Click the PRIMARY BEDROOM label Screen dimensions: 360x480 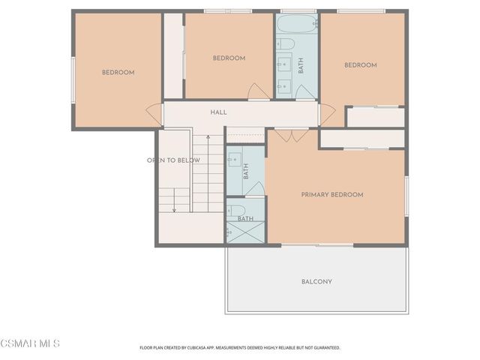click(x=331, y=195)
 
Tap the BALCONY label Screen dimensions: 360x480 click(x=316, y=282)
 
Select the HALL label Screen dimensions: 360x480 click(x=218, y=112)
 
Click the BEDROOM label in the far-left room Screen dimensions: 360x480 click(x=118, y=73)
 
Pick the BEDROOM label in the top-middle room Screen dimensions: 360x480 click(x=229, y=58)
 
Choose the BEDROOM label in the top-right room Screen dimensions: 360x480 click(x=360, y=65)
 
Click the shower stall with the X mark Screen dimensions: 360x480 click(x=245, y=232)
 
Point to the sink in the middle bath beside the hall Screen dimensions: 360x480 click(x=234, y=159)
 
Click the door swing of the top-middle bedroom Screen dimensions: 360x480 click(x=259, y=91)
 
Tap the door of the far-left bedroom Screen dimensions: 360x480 click(x=154, y=115)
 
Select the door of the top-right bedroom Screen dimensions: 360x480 click(x=327, y=114)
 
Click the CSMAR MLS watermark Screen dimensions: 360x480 click(x=30, y=344)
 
